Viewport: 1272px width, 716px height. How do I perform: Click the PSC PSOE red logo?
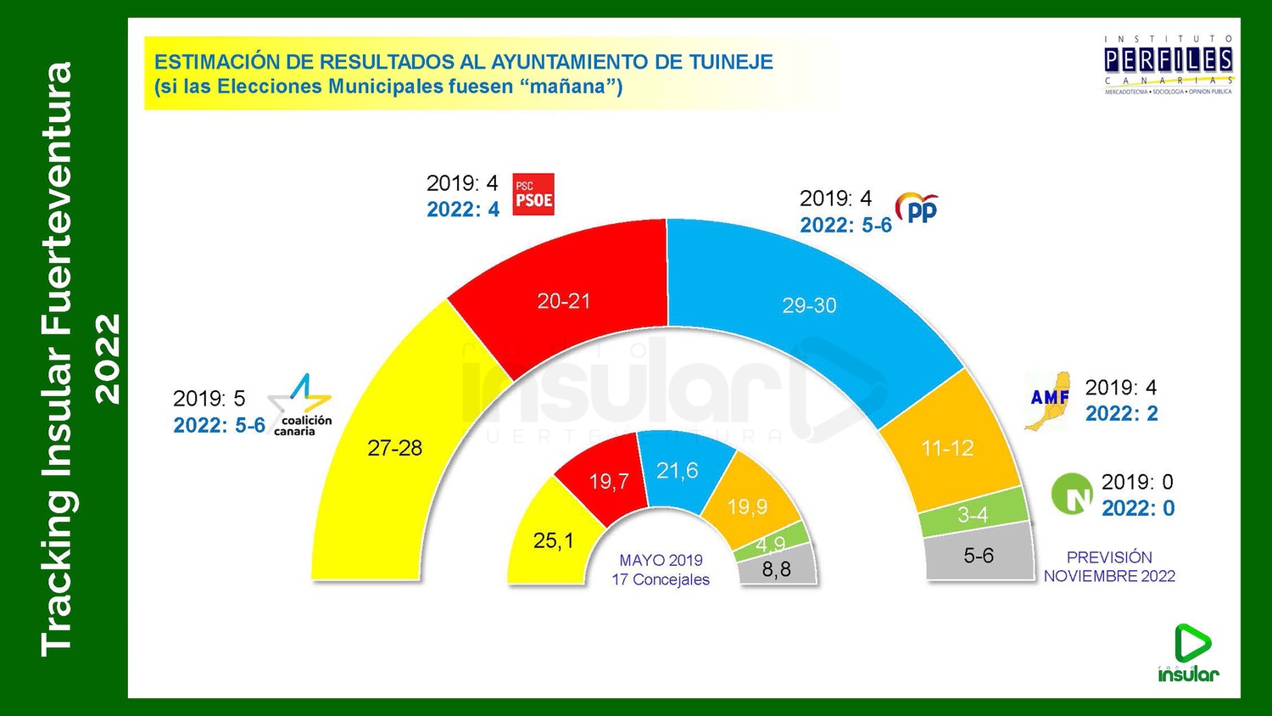(533, 194)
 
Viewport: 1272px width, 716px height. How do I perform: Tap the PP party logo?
(918, 209)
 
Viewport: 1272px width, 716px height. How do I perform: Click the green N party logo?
(1072, 494)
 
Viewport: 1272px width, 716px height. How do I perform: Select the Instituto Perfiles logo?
(1168, 64)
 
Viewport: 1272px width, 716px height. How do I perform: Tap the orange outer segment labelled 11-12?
(948, 448)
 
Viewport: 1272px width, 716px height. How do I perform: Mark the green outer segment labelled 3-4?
(974, 513)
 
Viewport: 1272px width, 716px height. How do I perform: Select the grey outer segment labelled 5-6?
(979, 556)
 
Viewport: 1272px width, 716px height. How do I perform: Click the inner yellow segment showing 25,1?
(553, 540)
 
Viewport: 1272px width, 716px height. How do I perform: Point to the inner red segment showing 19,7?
(609, 481)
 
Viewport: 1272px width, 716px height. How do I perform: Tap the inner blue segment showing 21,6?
(678, 471)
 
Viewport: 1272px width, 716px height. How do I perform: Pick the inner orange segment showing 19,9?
(748, 506)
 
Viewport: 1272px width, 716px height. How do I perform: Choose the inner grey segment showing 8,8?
(777, 568)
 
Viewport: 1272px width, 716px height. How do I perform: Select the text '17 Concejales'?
(661, 580)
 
